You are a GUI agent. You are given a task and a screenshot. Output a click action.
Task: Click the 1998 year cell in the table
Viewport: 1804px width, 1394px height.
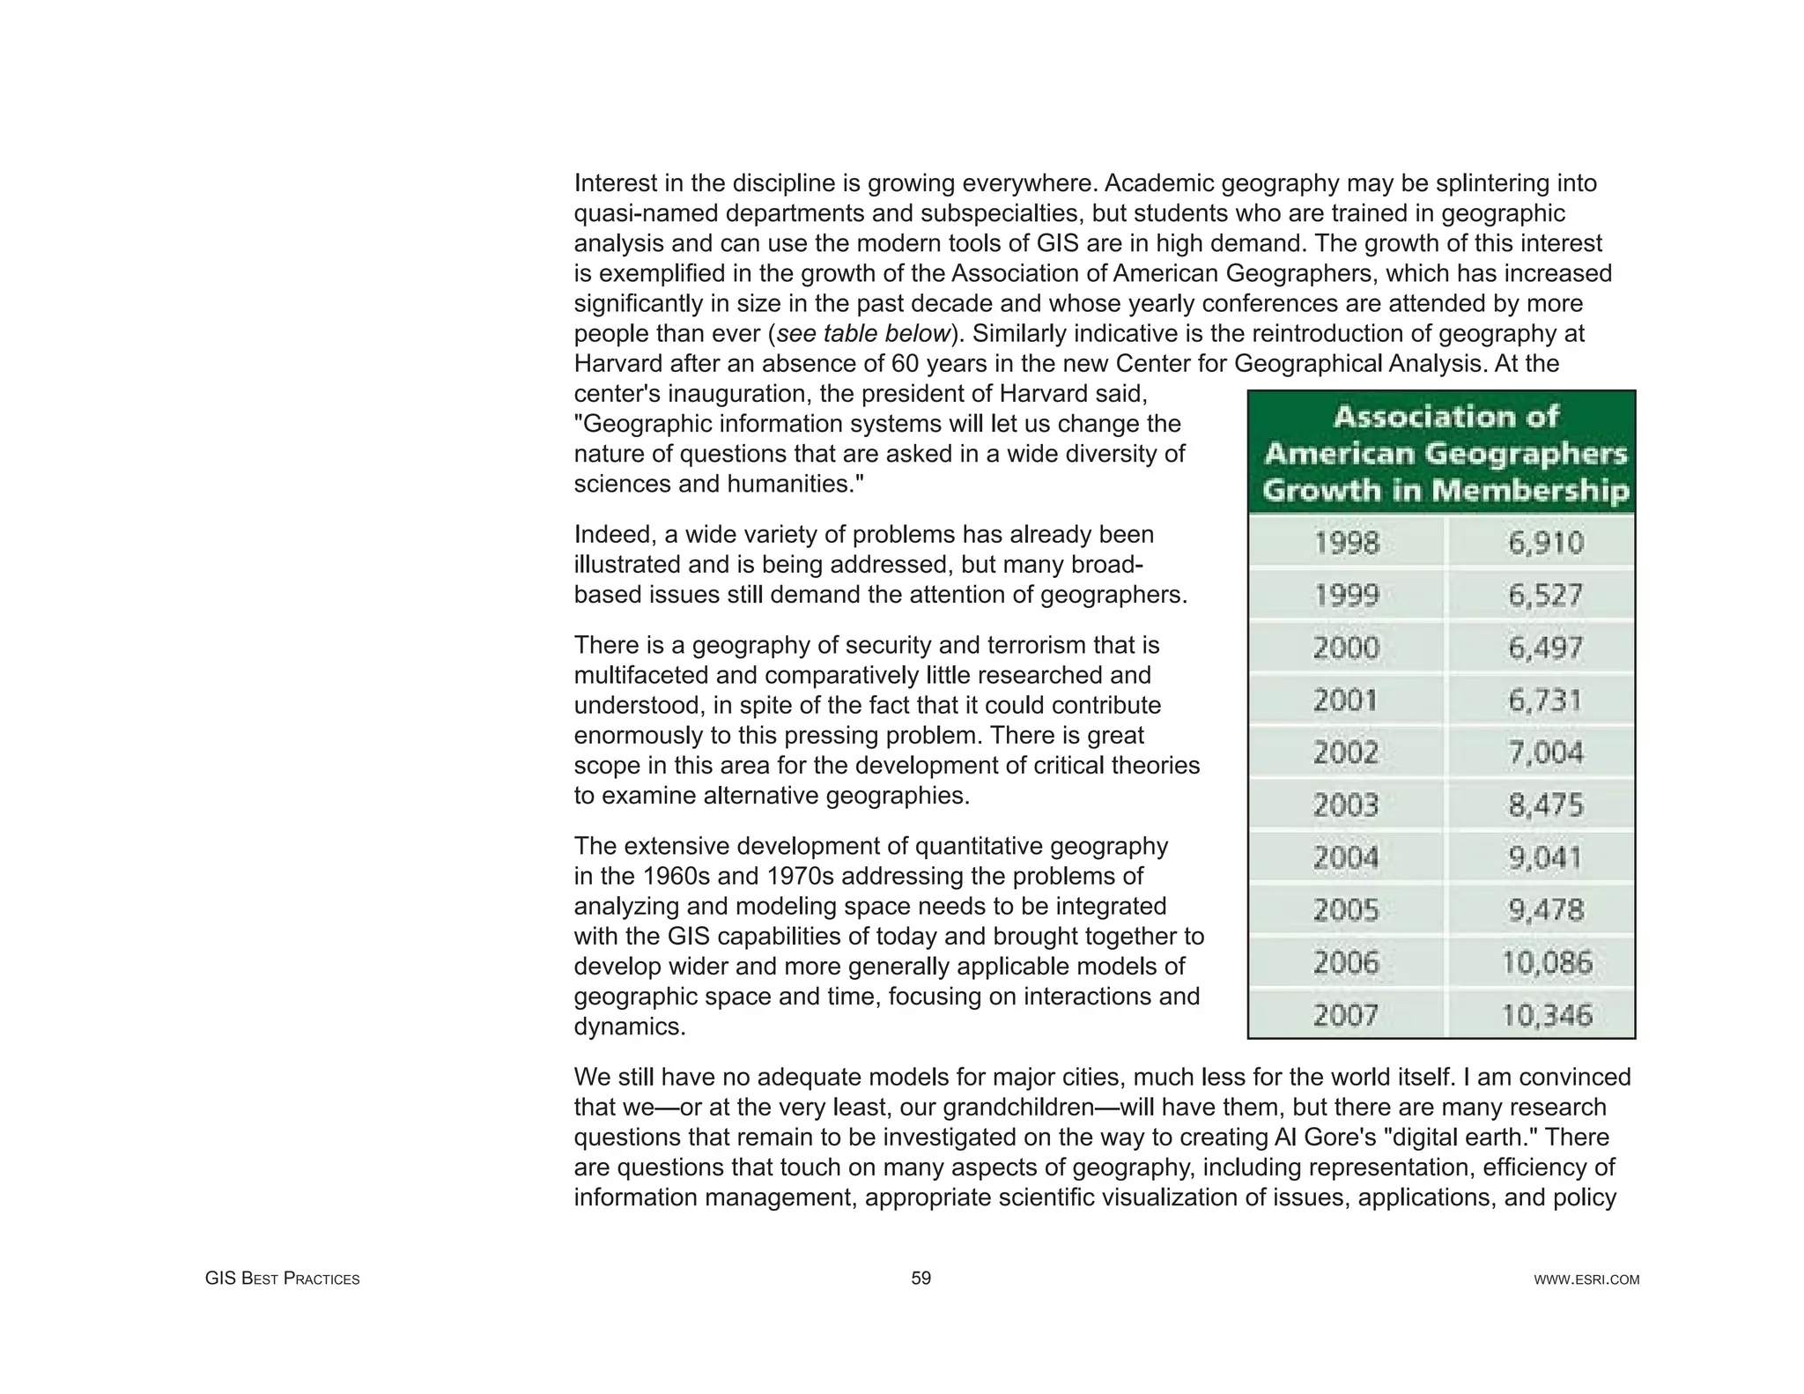point(1346,543)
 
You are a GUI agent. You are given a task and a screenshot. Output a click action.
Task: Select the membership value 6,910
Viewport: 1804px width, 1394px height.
point(1546,543)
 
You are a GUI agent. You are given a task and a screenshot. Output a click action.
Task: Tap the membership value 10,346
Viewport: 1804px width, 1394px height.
point(1546,1015)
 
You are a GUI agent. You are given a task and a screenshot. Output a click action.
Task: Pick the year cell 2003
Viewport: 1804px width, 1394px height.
point(1346,805)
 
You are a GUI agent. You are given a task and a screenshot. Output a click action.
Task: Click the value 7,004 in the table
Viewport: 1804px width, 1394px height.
point(1546,753)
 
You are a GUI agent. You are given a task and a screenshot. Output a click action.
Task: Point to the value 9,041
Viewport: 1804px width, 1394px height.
point(1546,857)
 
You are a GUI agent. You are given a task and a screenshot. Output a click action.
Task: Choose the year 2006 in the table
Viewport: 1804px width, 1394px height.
point(1346,962)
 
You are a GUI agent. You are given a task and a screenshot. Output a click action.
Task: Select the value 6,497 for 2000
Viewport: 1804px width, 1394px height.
point(1546,648)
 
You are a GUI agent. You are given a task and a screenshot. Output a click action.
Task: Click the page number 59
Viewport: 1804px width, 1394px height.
point(920,1278)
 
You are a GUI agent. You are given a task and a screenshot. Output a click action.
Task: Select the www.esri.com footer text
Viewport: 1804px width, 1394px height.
point(1586,1279)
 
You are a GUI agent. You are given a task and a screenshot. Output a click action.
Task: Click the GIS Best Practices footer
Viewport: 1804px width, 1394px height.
point(282,1279)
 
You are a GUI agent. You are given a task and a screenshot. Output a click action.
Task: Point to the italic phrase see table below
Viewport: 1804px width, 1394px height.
point(863,334)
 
